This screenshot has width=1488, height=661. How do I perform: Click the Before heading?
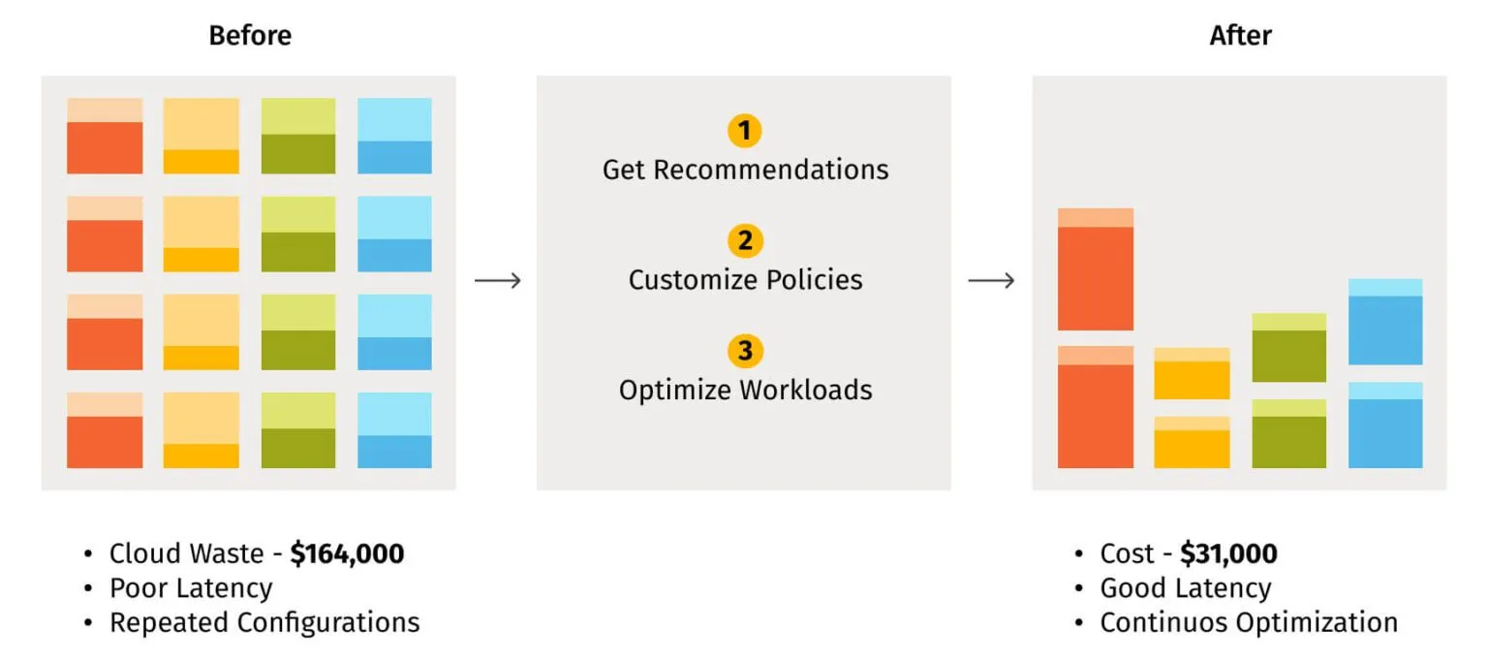pyautogui.click(x=250, y=37)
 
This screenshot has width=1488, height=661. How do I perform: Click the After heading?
pyautogui.click(x=1240, y=37)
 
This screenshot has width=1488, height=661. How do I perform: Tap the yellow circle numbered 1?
pyautogui.click(x=744, y=131)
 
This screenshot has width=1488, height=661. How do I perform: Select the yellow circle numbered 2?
pyautogui.click(x=744, y=240)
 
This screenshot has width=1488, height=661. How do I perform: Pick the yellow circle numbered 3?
pyautogui.click(x=744, y=350)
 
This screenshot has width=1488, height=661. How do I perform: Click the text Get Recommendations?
pyautogui.click(x=745, y=171)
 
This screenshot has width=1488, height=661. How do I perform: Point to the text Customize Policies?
pyautogui.click(x=745, y=280)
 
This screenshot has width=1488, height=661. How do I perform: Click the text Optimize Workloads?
pyautogui.click(x=745, y=391)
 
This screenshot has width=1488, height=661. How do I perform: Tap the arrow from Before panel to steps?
pyautogui.click(x=498, y=281)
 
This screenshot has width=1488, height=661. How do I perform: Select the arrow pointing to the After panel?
pyautogui.click(x=992, y=281)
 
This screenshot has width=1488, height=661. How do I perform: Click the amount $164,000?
pyautogui.click(x=347, y=554)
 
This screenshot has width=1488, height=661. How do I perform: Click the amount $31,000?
pyautogui.click(x=1228, y=554)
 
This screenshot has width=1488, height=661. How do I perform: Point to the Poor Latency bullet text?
pyautogui.click(x=191, y=588)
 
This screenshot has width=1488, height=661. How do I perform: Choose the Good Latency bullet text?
pyautogui.click(x=1185, y=588)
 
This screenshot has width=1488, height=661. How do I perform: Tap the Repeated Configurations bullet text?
pyautogui.click(x=264, y=622)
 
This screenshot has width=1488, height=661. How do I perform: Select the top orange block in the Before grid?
pyautogui.click(x=105, y=137)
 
